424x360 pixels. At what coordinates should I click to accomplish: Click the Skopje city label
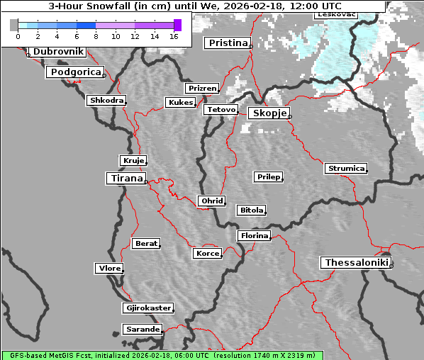(268, 113)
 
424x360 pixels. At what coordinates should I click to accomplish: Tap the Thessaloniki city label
(356, 263)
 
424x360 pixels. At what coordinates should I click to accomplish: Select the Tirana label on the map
(125, 179)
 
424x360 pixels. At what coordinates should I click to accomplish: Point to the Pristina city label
(227, 43)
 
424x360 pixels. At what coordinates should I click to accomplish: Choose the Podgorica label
(74, 72)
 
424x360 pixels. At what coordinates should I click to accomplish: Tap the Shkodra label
(106, 101)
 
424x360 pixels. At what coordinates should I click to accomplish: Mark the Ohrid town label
(211, 201)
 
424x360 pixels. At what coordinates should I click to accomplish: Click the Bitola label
(251, 210)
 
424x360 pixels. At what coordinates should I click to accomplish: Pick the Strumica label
(346, 169)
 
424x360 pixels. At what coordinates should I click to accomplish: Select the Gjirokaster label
(147, 308)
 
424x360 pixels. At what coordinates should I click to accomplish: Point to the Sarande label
(142, 330)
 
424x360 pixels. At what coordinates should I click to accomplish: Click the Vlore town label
(108, 269)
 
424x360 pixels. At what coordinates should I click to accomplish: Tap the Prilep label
(268, 176)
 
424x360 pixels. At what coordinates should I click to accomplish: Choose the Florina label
(254, 235)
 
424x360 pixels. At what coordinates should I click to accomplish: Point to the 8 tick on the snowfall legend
(95, 35)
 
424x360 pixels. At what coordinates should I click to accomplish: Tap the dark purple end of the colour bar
(177, 25)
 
